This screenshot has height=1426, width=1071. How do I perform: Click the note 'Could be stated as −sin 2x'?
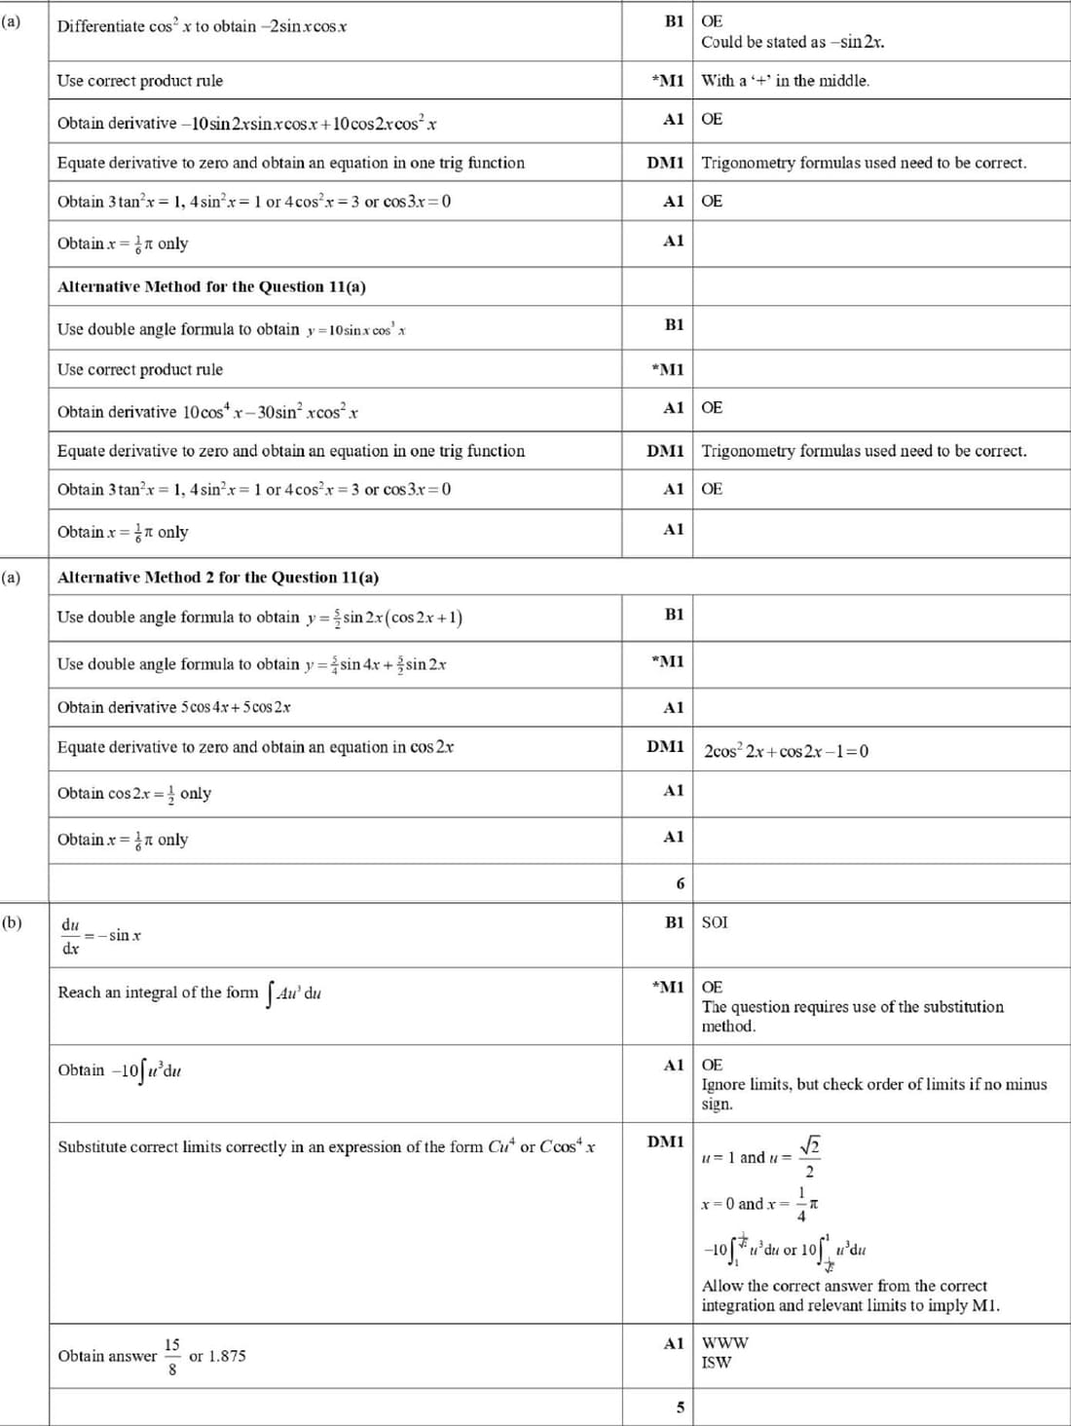[x=793, y=42]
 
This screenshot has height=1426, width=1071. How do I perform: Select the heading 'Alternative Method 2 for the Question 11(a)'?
[x=218, y=578]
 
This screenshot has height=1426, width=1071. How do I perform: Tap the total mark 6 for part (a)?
[x=681, y=883]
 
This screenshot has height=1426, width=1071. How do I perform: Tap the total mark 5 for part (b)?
[x=681, y=1407]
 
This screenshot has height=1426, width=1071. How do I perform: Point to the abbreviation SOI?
[x=715, y=922]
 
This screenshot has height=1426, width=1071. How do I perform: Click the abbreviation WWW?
[x=725, y=1342]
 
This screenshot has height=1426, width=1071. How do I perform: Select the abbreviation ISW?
[x=716, y=1362]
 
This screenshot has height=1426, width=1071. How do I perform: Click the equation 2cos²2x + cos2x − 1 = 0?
[x=786, y=751]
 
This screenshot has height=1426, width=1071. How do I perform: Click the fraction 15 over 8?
[x=172, y=1356]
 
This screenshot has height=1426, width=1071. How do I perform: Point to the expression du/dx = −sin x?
[x=100, y=935]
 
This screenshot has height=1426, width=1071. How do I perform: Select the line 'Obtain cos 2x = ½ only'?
[x=134, y=793]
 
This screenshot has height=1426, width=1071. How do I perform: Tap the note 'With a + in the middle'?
[x=785, y=81]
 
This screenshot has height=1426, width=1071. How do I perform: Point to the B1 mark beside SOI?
[x=674, y=922]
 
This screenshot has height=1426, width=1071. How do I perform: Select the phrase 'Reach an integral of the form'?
[x=158, y=993]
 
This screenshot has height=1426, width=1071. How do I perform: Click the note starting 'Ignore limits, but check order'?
[x=874, y=1084]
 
